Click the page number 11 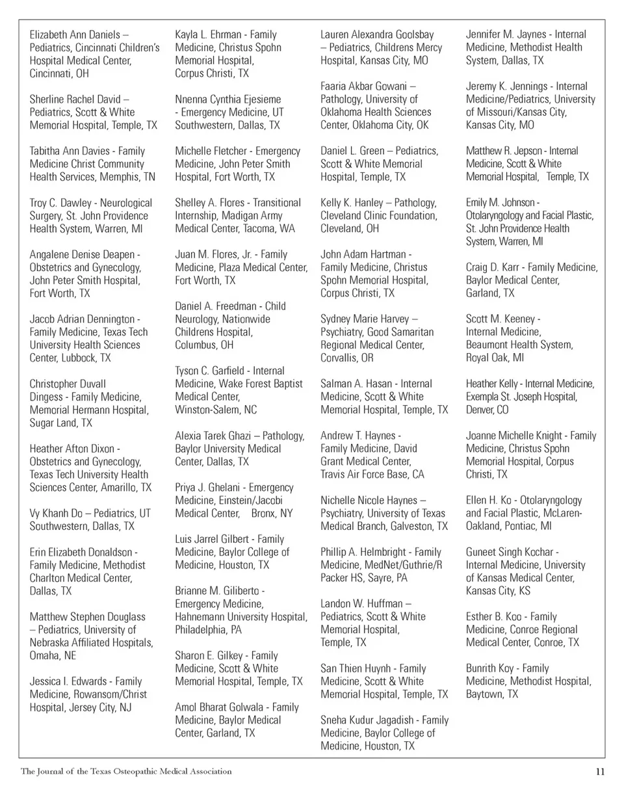tap(600, 772)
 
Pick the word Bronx tap(263, 513)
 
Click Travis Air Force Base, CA tap(372, 474)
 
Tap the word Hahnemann tap(205, 616)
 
